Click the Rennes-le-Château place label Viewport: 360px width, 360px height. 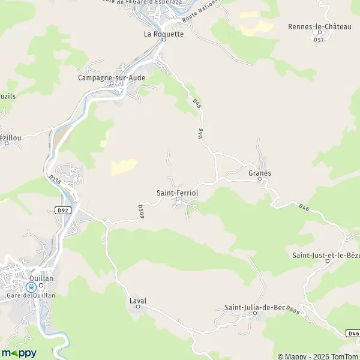[319, 26]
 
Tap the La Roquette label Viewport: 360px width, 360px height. [163, 34]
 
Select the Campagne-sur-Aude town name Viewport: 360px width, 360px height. [111, 77]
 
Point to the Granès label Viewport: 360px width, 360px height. [260, 173]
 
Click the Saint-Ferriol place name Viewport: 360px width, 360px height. [177, 193]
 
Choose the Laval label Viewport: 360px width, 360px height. [137, 301]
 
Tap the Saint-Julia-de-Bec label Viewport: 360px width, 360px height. [254, 308]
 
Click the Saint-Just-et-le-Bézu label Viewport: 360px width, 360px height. [325, 256]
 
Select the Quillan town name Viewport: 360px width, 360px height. [42, 278]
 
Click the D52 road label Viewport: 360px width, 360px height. [319, 40]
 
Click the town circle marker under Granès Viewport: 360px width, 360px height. [260, 179]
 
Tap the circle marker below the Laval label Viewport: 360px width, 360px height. [137, 307]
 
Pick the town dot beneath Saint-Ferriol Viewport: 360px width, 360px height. [177, 199]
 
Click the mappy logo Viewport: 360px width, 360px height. [19, 353]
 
